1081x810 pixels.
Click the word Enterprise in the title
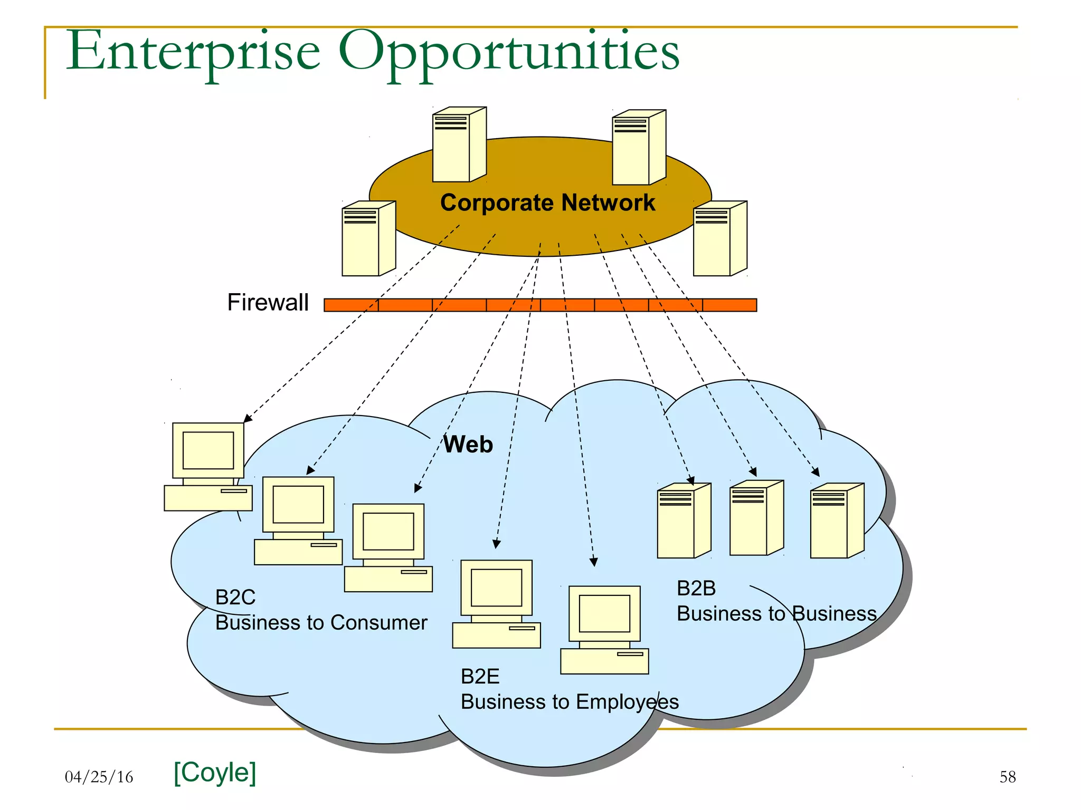click(193, 53)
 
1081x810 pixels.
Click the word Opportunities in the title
click(508, 53)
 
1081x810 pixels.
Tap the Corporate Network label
click(547, 203)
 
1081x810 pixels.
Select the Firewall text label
click(268, 303)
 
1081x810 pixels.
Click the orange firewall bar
click(540, 305)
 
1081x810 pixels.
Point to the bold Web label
click(468, 444)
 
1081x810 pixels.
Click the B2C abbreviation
click(235, 597)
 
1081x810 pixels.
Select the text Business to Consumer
click(321, 623)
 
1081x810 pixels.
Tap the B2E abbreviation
click(480, 677)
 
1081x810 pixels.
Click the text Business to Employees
click(570, 702)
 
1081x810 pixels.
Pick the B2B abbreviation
click(696, 589)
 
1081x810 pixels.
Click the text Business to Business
click(776, 614)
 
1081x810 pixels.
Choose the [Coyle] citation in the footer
click(215, 773)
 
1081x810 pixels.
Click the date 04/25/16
click(99, 777)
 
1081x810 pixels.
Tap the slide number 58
click(1007, 777)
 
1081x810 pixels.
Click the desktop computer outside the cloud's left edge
click(208, 467)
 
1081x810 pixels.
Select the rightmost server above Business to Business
click(837, 521)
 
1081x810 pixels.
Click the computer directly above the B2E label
click(496, 604)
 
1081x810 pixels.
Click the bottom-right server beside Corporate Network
click(719, 238)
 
